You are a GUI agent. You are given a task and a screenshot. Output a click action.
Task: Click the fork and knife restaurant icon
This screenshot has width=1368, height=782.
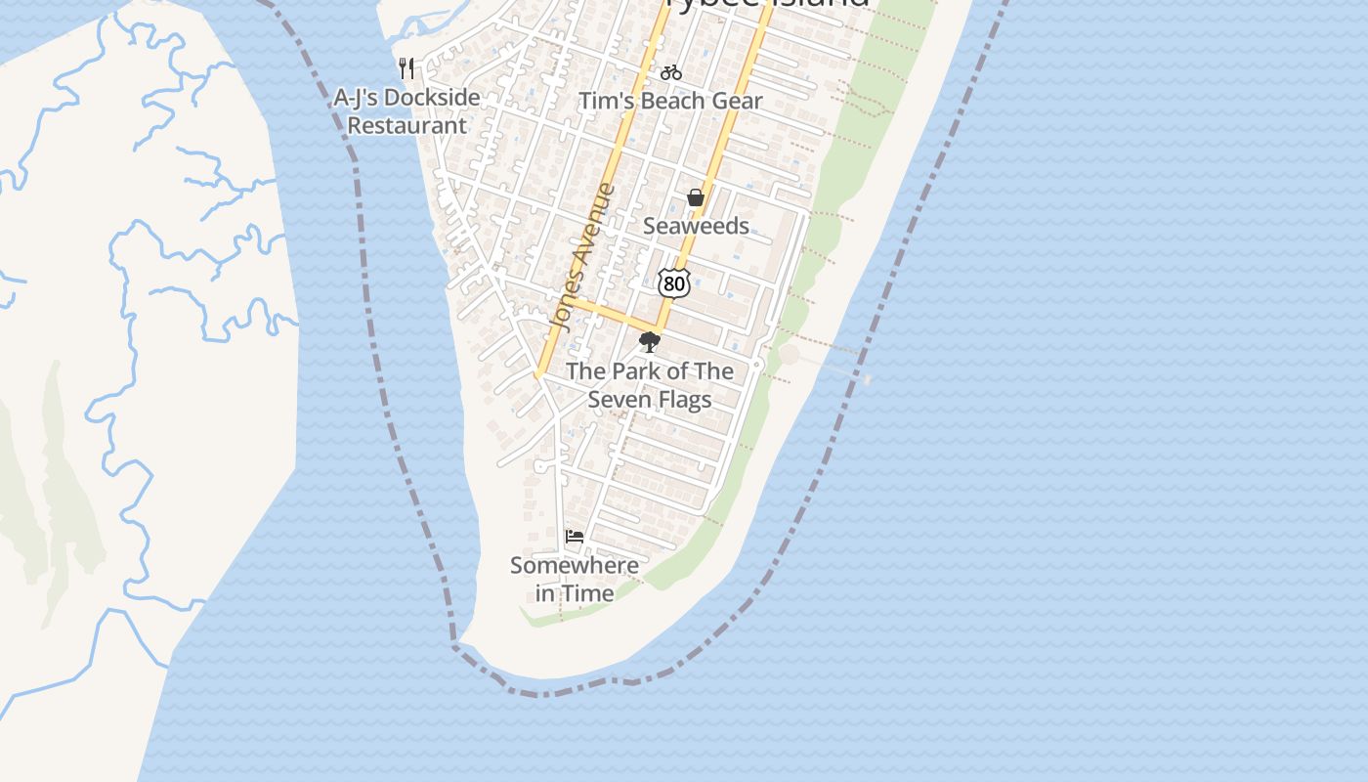(406, 68)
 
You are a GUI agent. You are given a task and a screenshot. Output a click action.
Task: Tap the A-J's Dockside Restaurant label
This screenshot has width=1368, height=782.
(407, 111)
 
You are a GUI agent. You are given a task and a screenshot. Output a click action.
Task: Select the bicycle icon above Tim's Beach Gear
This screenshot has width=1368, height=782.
(670, 72)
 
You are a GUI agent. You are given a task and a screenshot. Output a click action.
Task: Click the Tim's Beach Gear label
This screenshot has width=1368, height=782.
(670, 101)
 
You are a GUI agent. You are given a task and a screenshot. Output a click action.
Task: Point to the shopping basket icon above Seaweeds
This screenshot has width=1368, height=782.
(696, 198)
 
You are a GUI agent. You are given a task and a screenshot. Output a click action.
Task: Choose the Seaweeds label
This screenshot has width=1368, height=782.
(696, 226)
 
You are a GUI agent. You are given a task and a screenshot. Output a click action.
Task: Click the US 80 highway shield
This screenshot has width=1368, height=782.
(674, 283)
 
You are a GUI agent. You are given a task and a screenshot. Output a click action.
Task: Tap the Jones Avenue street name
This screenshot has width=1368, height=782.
(582, 256)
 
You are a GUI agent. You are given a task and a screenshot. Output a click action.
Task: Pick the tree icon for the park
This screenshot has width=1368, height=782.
(649, 343)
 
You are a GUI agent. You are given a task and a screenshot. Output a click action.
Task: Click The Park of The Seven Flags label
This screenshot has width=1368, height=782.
(650, 385)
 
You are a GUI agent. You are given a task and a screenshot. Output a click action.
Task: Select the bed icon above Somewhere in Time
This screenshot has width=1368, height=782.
(575, 537)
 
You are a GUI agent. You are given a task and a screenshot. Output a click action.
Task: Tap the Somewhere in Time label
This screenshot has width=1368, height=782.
(575, 579)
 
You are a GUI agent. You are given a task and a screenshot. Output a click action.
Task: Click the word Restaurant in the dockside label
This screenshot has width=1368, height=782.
(407, 126)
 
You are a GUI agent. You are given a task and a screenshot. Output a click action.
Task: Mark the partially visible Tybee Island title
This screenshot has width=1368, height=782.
(766, 4)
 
